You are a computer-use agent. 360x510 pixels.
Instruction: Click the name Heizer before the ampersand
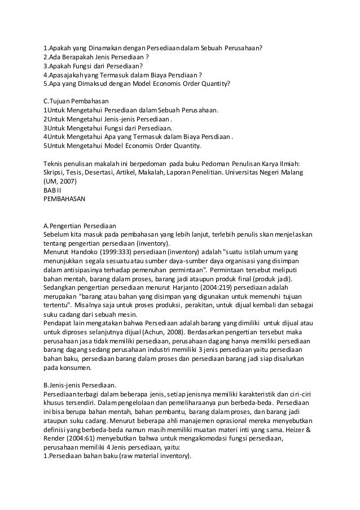pos(289,428)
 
